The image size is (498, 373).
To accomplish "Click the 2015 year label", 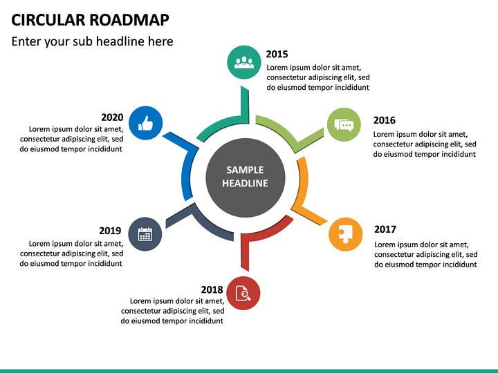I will (277, 54).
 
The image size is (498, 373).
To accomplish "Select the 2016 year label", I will (384, 120).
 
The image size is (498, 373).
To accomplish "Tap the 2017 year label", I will (385, 229).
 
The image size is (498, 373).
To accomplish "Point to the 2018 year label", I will (212, 289).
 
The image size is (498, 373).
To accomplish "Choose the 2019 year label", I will (110, 231).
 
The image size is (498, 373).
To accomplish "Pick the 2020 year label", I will (112, 117).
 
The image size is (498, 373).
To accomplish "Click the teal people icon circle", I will (243, 61).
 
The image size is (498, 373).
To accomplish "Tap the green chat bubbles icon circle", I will (344, 125).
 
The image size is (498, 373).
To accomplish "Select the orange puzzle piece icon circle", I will (345, 234).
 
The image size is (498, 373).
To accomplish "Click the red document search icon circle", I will (243, 294).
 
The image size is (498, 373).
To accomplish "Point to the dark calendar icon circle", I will (145, 234).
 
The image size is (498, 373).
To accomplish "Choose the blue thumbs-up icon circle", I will (145, 123).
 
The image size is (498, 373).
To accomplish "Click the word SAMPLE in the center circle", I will (245, 170).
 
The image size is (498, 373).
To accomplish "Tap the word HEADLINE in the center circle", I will (245, 183).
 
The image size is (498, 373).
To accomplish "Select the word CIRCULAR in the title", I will (45, 19).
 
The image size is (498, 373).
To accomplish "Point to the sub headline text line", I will (93, 41).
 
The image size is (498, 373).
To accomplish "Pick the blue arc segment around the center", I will (187, 173).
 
